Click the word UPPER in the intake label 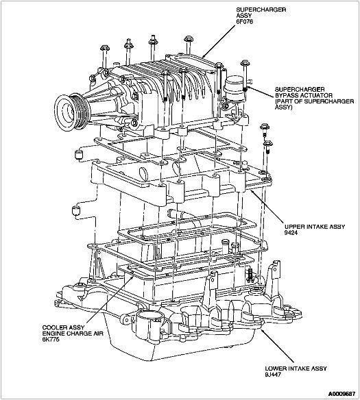click(x=292, y=225)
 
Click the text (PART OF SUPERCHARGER click(x=307, y=103)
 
